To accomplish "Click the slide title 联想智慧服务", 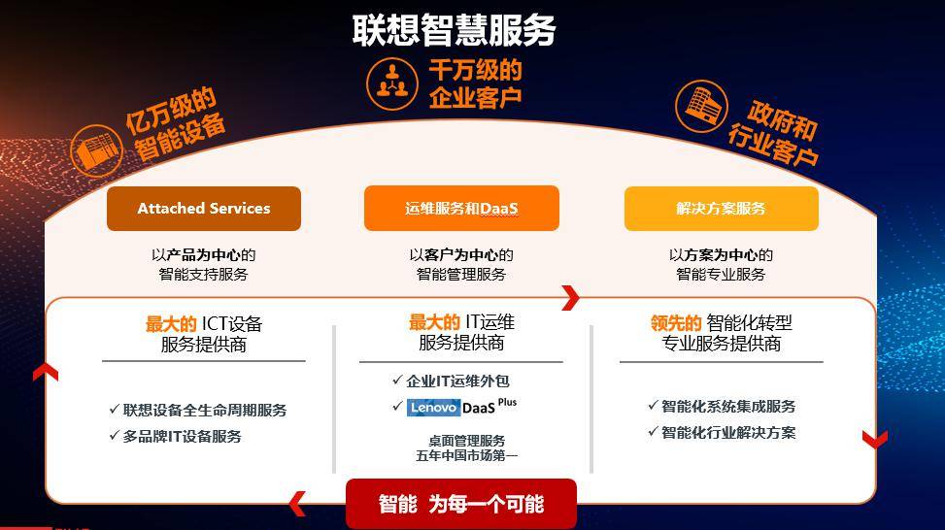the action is [x=454, y=30].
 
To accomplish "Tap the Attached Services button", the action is [x=204, y=209].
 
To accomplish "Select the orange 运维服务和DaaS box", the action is [x=461, y=209].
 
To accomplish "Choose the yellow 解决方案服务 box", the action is [x=722, y=209].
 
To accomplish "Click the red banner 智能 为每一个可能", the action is [x=461, y=504].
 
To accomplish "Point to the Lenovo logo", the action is [x=433, y=408].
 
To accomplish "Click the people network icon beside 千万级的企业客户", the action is [x=392, y=83].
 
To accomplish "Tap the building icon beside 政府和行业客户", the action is [x=701, y=106].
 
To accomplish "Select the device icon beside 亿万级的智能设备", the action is [x=96, y=149].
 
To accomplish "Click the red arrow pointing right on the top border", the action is [x=570, y=298].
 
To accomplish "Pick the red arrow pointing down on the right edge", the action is [x=874, y=439].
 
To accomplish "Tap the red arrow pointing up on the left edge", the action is [x=46, y=372].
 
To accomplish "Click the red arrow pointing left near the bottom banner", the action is [x=297, y=504].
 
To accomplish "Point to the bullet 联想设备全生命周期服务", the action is [x=198, y=411].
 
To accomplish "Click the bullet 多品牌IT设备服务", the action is [x=176, y=436].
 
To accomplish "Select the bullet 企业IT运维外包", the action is [x=451, y=381].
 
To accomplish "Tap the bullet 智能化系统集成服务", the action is [x=722, y=406].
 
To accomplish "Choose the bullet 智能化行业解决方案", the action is [x=722, y=432].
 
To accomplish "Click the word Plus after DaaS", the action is [x=507, y=402].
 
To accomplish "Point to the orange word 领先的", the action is [x=676, y=323].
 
